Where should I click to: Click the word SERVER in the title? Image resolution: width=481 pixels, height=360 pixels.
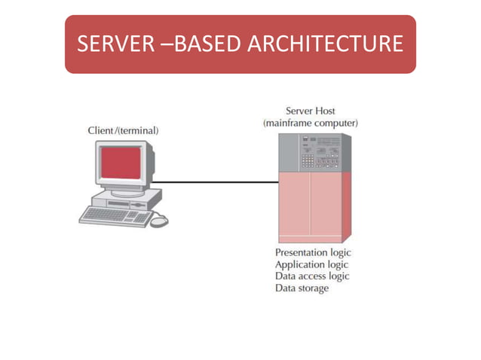[115, 44]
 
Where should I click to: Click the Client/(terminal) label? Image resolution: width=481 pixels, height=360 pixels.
[124, 131]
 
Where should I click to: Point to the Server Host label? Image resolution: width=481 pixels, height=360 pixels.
[311, 111]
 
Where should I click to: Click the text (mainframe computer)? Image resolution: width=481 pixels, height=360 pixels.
[311, 123]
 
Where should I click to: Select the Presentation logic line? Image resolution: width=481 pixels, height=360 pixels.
[313, 252]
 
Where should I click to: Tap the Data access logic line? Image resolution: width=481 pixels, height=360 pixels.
[312, 276]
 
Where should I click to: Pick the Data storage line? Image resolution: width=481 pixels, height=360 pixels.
[302, 288]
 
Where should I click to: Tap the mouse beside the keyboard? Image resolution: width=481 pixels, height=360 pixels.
[159, 221]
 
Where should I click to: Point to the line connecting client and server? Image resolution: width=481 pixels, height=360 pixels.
[219, 182]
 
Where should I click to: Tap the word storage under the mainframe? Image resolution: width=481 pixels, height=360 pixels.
[313, 288]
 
